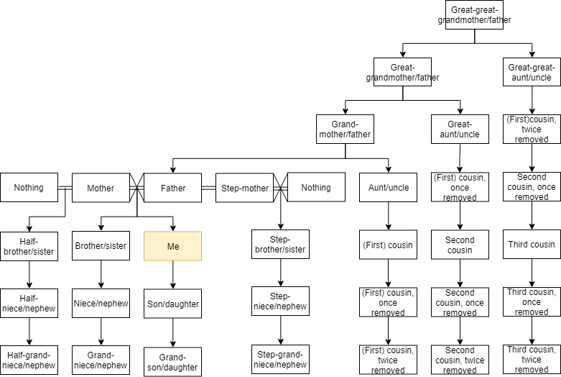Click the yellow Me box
click(172, 245)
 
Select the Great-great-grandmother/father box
click(474, 15)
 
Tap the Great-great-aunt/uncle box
click(532, 72)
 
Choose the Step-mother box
click(244, 188)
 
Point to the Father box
click(172, 188)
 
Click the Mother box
click(101, 188)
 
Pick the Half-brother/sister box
click(29, 245)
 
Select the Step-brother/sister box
click(280, 245)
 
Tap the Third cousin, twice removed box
click(532, 360)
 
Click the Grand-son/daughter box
click(172, 361)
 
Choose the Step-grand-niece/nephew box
click(280, 359)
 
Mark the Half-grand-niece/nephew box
click(29, 360)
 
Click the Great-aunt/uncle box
click(460, 130)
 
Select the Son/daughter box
click(172, 304)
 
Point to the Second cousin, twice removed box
click(460, 360)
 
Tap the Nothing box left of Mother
click(29, 188)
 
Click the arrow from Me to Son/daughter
click(172, 275)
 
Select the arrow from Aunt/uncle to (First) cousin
click(388, 217)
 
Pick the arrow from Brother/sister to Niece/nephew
click(101, 274)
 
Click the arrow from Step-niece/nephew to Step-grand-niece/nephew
click(280, 330)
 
